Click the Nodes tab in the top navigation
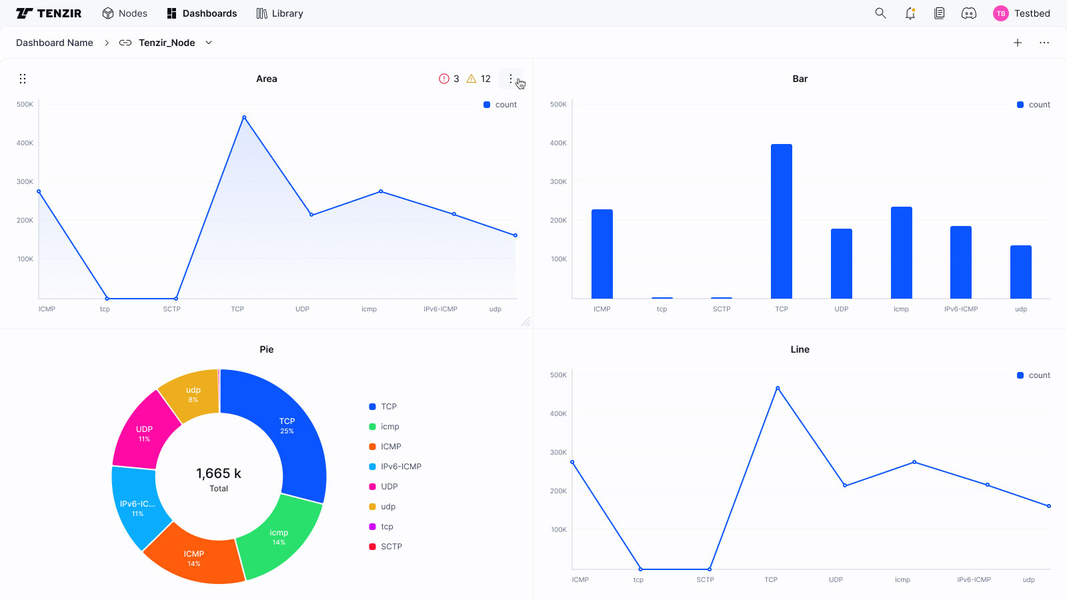click(125, 13)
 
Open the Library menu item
click(280, 13)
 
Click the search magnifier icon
click(880, 13)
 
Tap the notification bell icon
click(910, 13)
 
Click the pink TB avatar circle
click(1000, 13)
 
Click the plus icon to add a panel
click(1018, 43)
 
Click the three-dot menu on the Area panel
click(511, 79)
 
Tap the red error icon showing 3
click(444, 79)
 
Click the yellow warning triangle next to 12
click(471, 79)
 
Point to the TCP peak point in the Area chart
click(244, 117)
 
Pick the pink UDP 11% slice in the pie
click(143, 433)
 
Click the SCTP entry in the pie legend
click(391, 547)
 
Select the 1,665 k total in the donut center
click(219, 473)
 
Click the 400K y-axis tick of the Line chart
click(558, 414)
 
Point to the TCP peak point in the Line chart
click(778, 388)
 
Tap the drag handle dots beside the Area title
click(23, 79)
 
